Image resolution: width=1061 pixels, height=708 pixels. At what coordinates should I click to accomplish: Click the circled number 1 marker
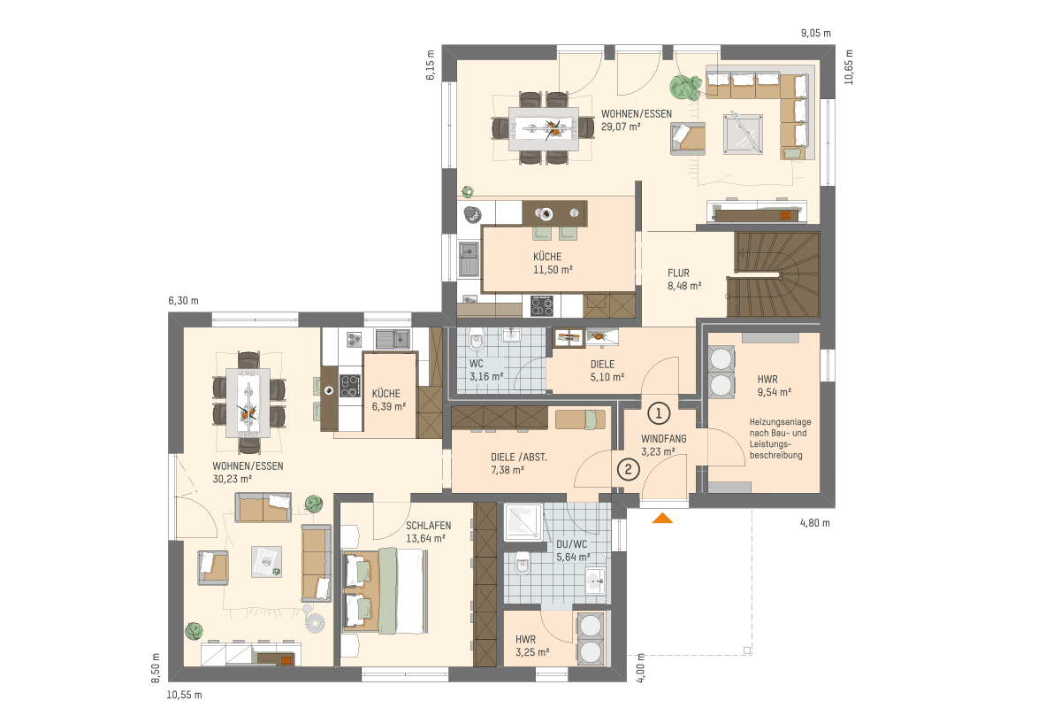pyautogui.click(x=659, y=413)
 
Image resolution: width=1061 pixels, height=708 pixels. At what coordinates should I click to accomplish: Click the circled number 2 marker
pyautogui.click(x=628, y=469)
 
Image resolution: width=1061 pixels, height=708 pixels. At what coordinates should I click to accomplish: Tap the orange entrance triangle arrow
pyautogui.click(x=662, y=518)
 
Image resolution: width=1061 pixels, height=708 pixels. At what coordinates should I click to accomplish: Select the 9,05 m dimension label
pyautogui.click(x=815, y=34)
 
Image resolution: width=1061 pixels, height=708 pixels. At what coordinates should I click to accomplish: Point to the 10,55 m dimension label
pyautogui.click(x=184, y=696)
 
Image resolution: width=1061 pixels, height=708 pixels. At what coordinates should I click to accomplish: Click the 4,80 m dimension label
pyautogui.click(x=814, y=523)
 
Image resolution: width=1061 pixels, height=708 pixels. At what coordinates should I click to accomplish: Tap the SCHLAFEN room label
pyautogui.click(x=428, y=526)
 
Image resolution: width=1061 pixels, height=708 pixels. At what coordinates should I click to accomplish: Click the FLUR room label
pyautogui.click(x=678, y=273)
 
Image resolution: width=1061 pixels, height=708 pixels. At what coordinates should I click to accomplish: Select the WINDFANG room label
pyautogui.click(x=664, y=439)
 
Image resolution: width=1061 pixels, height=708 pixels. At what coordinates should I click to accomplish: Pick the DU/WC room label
pyautogui.click(x=572, y=544)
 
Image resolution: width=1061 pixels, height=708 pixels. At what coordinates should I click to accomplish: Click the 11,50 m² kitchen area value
pyautogui.click(x=553, y=269)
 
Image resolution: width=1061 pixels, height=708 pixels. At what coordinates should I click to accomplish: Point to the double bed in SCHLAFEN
pyautogui.click(x=385, y=591)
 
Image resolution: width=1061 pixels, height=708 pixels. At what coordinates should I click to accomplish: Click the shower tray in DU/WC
pyautogui.click(x=523, y=522)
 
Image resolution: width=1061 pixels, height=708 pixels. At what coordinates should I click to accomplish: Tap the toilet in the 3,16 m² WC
pyautogui.click(x=476, y=339)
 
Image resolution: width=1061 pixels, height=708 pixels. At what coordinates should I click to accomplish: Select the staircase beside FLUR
pyautogui.click(x=773, y=274)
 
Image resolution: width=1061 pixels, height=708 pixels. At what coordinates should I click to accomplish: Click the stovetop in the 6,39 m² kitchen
pyautogui.click(x=349, y=386)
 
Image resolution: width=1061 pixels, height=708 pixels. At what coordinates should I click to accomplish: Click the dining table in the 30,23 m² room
pyautogui.click(x=248, y=403)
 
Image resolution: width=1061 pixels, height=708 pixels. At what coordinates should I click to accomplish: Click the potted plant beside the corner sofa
pyautogui.click(x=685, y=88)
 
